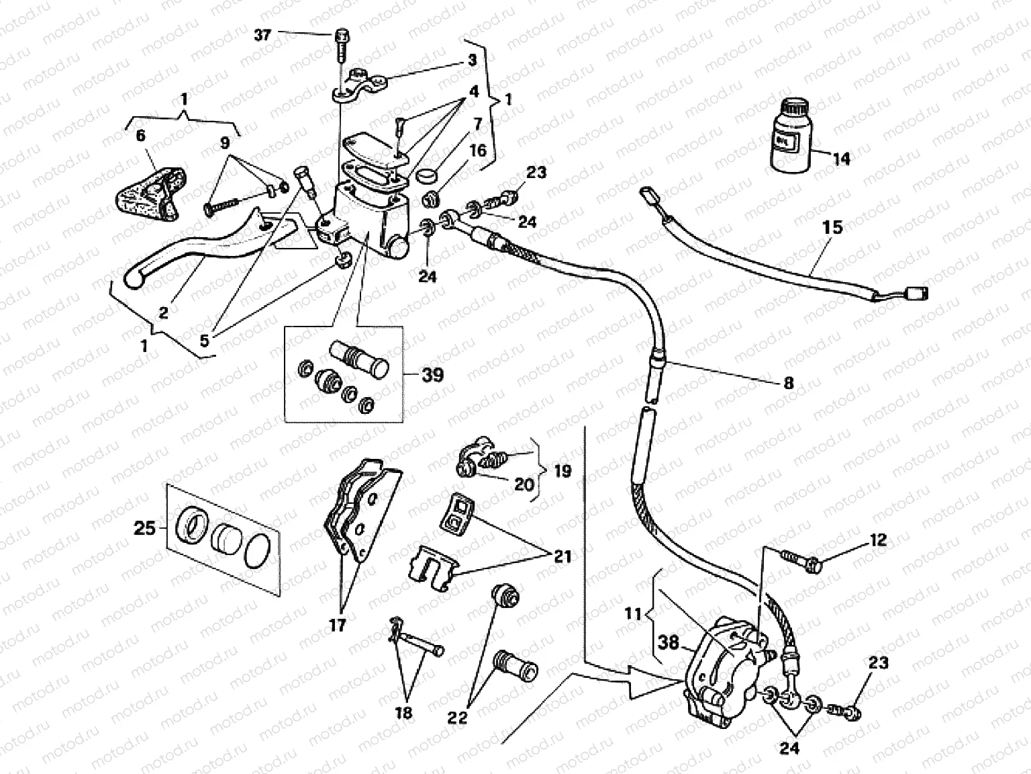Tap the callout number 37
pos(262,34)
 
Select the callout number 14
pos(841,159)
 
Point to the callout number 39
pos(432,374)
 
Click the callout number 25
pos(144,528)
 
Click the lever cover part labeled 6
pos(148,191)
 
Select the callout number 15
pos(832,227)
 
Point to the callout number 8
pos(789,383)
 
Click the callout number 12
pos(879,540)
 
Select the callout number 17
pos(337,626)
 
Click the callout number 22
pos(457,718)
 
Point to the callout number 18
pos(404,712)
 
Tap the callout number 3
pos(472,60)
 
